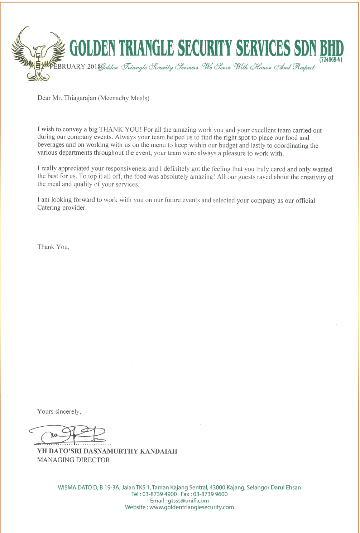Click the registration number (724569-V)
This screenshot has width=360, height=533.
click(331, 60)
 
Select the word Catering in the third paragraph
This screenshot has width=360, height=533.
click(49, 208)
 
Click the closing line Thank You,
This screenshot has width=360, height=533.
click(53, 247)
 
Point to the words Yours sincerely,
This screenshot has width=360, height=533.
click(59, 412)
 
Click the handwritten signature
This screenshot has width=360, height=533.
click(72, 434)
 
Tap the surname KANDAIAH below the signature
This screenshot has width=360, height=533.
click(159, 451)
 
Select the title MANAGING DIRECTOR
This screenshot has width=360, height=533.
click(73, 460)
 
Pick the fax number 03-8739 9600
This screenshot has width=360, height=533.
click(210, 494)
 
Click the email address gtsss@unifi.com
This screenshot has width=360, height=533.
click(188, 501)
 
